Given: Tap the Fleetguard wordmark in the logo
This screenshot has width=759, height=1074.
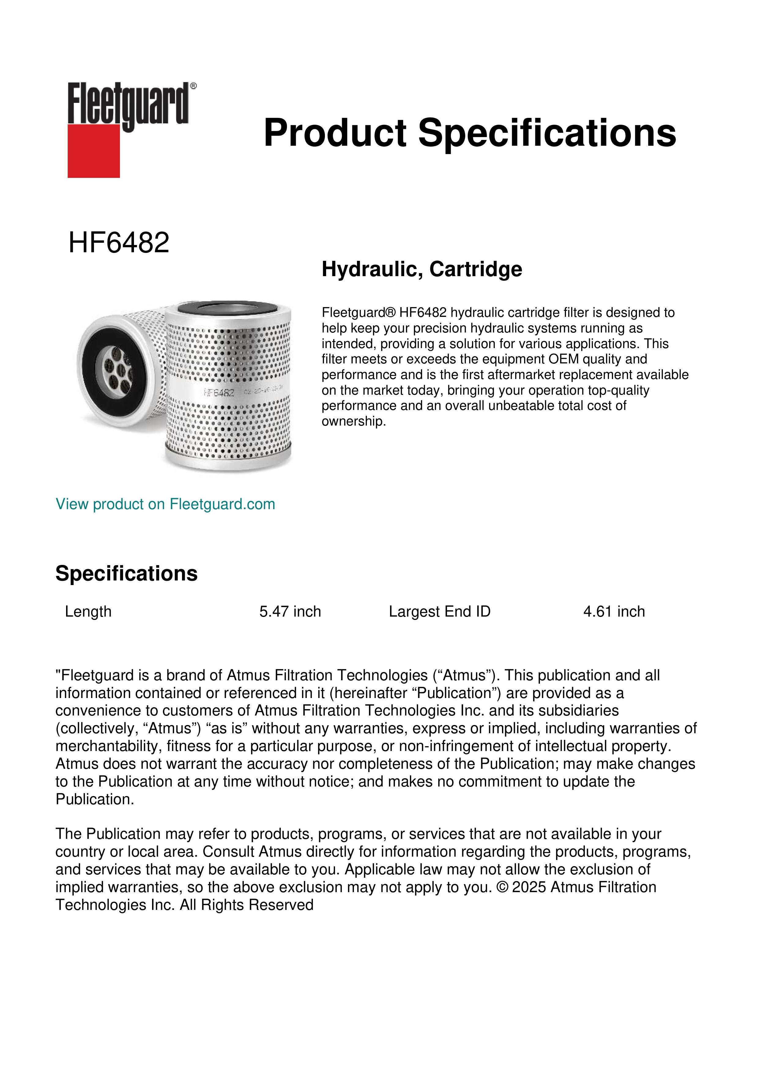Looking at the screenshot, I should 128,104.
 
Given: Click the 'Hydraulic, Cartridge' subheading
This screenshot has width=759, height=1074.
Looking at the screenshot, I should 422,269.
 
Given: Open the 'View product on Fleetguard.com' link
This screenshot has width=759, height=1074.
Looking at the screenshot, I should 165,504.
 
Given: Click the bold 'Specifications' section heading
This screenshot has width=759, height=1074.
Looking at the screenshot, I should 126,573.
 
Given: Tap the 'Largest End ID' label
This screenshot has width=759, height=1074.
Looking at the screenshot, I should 439,611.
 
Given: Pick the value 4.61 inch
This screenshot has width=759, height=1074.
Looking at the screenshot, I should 614,611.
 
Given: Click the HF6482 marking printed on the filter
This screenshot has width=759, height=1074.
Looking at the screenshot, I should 219,392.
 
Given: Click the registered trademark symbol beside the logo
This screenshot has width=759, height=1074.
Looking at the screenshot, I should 193,86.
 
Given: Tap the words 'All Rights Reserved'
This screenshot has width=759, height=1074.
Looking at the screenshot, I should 246,905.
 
